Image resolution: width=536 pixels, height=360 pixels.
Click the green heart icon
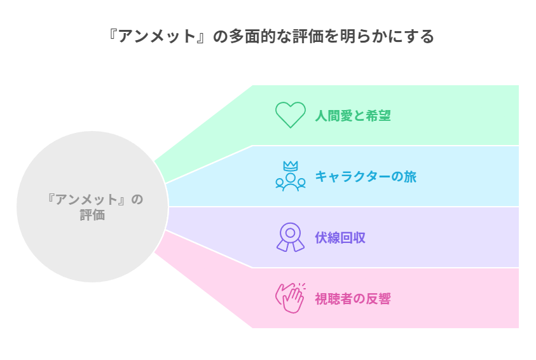(290, 115)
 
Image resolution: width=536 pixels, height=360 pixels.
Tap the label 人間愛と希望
(352, 116)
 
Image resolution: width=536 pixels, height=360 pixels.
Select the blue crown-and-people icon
(290, 176)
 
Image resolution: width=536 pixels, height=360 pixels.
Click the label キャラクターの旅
(366, 177)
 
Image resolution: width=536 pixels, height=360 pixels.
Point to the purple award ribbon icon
(290, 237)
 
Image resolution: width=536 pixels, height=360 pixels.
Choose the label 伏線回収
(340, 238)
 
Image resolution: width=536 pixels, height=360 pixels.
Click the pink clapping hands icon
(290, 298)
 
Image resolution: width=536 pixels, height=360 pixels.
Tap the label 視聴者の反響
(352, 299)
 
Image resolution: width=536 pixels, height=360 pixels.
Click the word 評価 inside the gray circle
(92, 215)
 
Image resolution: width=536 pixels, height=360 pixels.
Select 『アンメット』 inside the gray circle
(87, 200)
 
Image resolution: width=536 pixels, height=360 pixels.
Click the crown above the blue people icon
(291, 165)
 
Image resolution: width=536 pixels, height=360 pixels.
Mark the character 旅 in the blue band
(410, 177)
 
